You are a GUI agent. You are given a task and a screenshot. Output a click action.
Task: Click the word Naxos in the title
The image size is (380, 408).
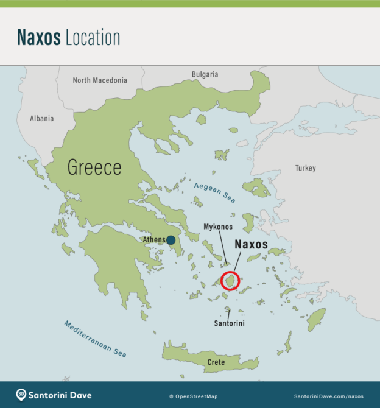(38, 38)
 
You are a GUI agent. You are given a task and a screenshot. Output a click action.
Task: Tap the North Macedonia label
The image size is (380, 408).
(100, 80)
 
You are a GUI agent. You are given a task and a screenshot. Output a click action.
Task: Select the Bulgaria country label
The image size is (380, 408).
(205, 74)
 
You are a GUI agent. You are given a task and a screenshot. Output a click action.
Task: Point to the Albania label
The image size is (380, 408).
(42, 118)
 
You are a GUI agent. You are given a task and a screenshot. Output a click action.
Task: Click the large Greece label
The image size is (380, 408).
(94, 167)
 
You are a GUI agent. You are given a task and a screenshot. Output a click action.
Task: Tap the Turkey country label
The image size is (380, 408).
(306, 167)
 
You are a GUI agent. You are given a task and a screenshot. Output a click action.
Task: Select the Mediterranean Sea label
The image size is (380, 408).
(95, 339)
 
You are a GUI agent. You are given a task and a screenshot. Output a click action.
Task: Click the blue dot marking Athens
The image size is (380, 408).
(172, 240)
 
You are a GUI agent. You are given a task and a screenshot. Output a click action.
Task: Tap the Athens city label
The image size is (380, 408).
(153, 240)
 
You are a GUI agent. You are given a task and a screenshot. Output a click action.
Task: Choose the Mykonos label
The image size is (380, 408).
(218, 227)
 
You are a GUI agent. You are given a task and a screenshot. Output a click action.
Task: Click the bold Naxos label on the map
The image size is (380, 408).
(252, 244)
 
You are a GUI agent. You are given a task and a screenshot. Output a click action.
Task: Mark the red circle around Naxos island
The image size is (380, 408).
(231, 281)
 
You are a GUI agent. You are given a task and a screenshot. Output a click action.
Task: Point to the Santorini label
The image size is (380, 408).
(229, 323)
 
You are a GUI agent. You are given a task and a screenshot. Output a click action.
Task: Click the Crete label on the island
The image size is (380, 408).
(216, 362)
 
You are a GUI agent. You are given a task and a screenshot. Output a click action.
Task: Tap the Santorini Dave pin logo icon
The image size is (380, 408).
(21, 395)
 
